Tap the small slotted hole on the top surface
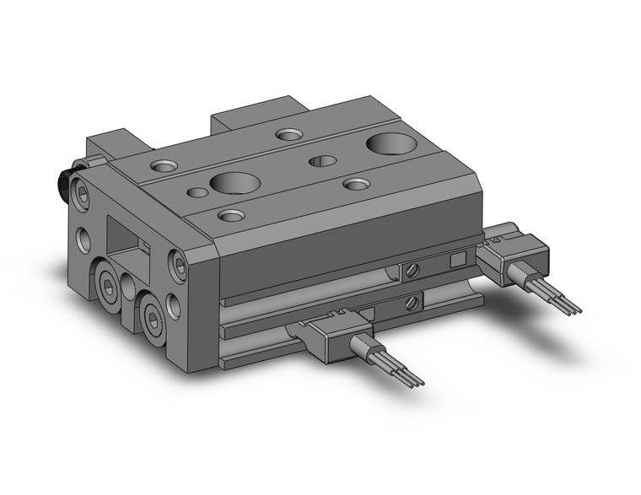tap(322, 160)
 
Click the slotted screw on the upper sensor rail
tap(411, 271)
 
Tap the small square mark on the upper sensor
tap(458, 260)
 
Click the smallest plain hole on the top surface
tap(197, 192)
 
